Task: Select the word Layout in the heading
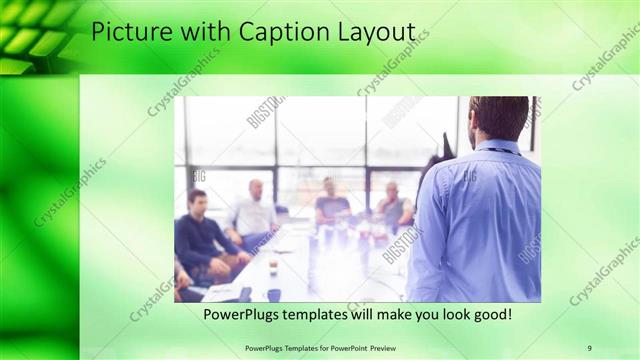click(375, 32)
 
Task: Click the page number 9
click(589, 347)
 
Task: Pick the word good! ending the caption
click(490, 314)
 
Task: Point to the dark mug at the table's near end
click(273, 294)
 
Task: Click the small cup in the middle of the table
click(273, 266)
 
